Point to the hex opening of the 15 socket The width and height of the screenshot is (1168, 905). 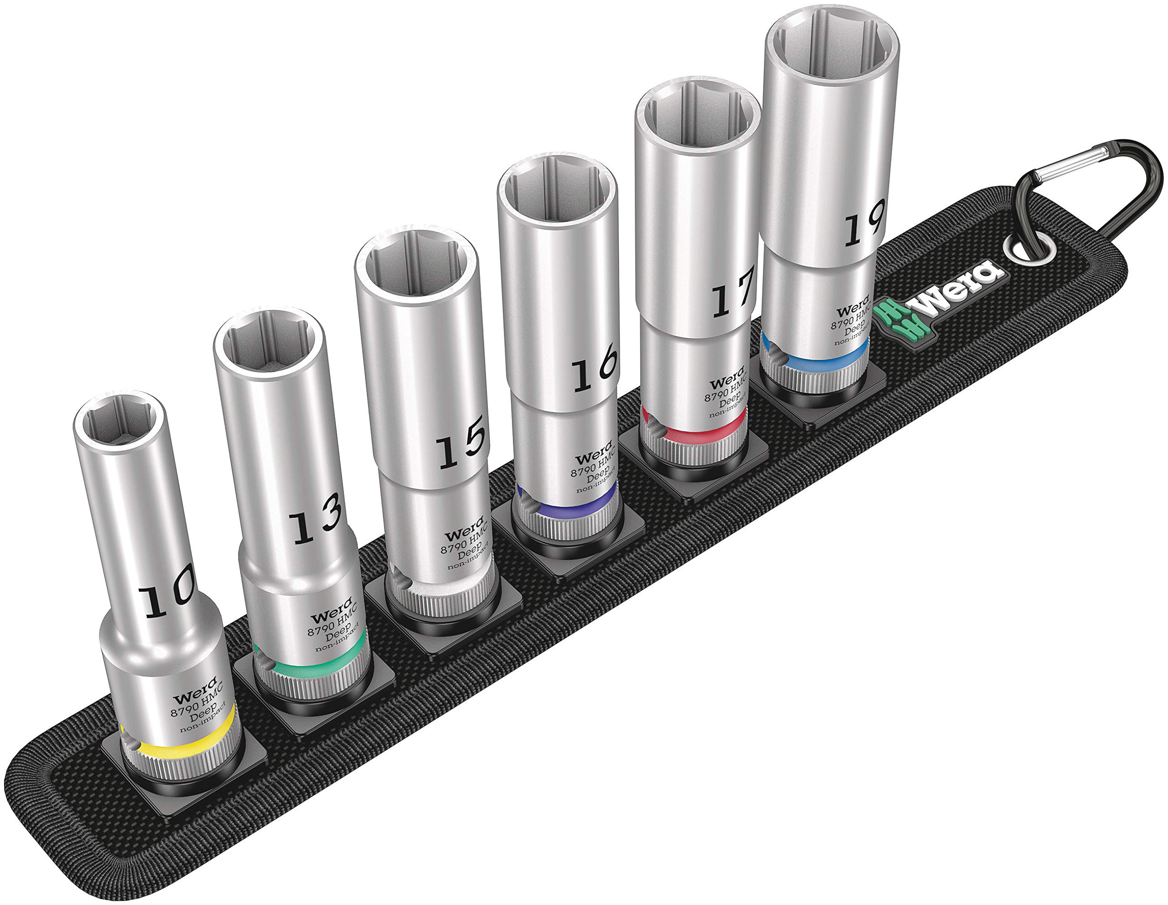(x=416, y=267)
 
